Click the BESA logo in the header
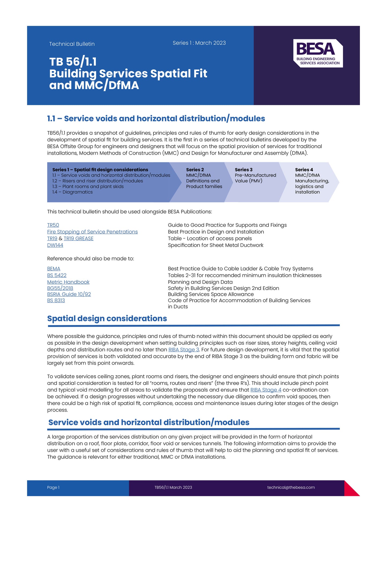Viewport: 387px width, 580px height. tap(318, 53)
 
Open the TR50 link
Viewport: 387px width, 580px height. tap(53, 225)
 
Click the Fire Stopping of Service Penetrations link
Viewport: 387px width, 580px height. tap(92, 232)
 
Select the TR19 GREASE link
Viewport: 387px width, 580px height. tap(78, 238)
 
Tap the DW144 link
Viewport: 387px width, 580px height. tap(55, 245)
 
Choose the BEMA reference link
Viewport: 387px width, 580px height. tap(54, 269)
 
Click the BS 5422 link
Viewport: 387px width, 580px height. tap(57, 275)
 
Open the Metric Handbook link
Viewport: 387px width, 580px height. tap(68, 282)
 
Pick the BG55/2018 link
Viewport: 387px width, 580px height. tap(60, 288)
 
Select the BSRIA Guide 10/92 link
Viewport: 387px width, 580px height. tap(69, 294)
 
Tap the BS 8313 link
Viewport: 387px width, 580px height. tap(56, 300)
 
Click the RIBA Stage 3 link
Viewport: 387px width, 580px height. tap(184, 350)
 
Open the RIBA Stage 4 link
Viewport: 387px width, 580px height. tap(266, 390)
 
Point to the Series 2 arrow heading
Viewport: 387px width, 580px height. tap(195, 170)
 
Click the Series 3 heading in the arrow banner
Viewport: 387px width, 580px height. tap(243, 170)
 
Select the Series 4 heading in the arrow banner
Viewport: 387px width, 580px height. tap(304, 170)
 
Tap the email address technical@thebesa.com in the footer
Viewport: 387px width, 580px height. tap(291, 487)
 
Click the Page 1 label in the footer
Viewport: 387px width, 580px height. tap(53, 487)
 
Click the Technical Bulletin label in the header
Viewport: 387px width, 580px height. tap(72, 44)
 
